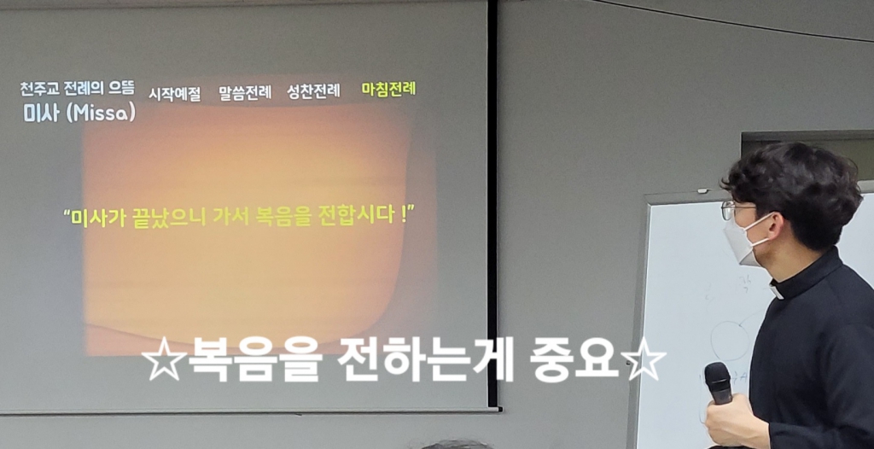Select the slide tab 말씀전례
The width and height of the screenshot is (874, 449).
pyautogui.click(x=245, y=92)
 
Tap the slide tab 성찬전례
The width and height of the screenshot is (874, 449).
pyautogui.click(x=313, y=91)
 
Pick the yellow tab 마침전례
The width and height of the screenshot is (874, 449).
pyautogui.click(x=388, y=90)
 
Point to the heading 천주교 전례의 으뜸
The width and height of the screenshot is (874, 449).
pyautogui.click(x=78, y=88)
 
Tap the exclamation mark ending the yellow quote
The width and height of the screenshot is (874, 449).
pyautogui.click(x=404, y=214)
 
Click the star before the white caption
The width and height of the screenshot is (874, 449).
pyautogui.click(x=163, y=359)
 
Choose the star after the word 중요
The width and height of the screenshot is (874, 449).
pyautogui.click(x=644, y=359)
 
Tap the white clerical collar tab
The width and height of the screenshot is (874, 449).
pyautogui.click(x=777, y=292)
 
